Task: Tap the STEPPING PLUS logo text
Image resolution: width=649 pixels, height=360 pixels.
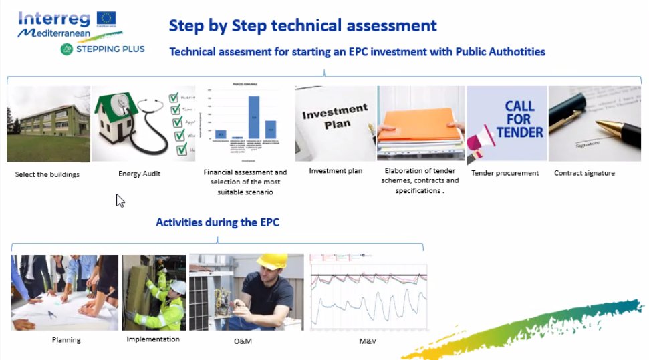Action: click(x=109, y=49)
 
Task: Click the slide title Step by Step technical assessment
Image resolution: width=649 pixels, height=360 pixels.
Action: click(x=303, y=26)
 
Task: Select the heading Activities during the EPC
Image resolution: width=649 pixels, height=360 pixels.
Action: click(x=217, y=222)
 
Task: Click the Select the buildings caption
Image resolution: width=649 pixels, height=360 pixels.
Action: click(x=47, y=174)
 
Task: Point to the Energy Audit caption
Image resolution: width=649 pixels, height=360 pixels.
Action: click(x=139, y=174)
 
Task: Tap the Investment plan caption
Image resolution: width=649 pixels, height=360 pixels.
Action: click(x=336, y=171)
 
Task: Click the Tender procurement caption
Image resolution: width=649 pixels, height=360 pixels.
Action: click(x=505, y=173)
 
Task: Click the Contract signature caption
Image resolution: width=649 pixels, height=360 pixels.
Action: click(x=584, y=173)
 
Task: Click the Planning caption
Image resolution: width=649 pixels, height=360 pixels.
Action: click(x=66, y=340)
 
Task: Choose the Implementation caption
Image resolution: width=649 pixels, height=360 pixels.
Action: click(x=153, y=339)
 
